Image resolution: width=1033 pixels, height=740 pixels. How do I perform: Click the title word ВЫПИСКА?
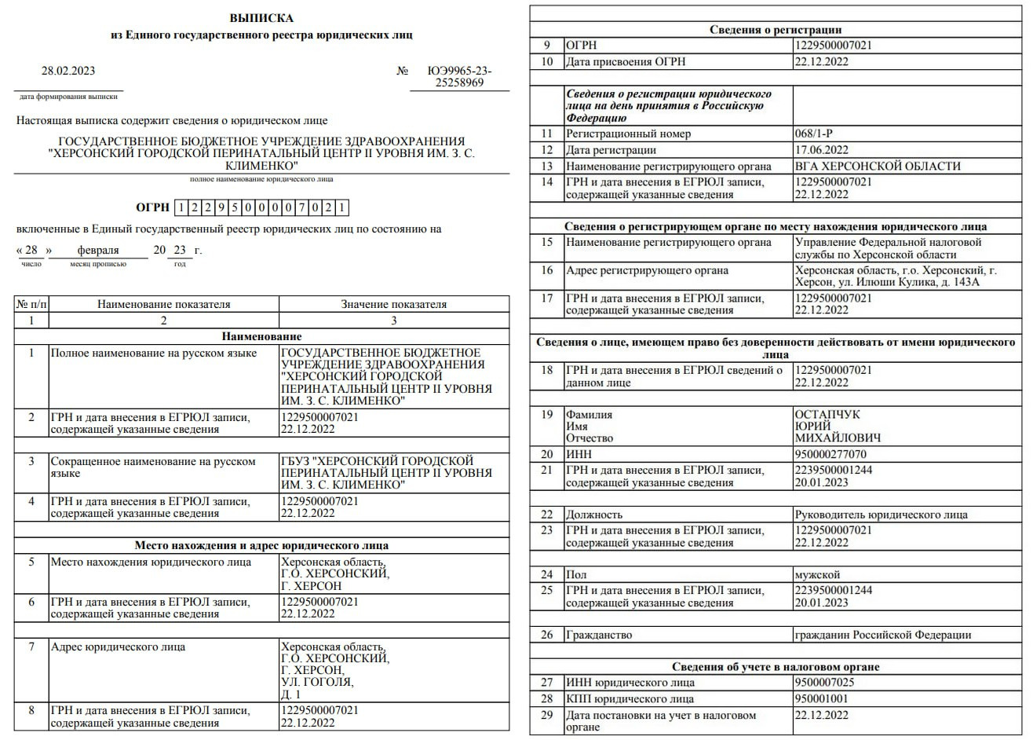[x=261, y=18]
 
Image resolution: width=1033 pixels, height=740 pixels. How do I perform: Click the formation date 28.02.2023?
[x=68, y=71]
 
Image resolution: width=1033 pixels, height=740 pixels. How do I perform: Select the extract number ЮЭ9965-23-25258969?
[x=459, y=76]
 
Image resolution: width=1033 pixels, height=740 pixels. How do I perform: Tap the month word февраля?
[x=98, y=250]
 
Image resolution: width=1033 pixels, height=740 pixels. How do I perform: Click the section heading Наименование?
[x=261, y=336]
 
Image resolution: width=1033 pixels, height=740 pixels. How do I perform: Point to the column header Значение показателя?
[x=393, y=304]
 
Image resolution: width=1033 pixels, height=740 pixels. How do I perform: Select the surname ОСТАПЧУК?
[x=827, y=414]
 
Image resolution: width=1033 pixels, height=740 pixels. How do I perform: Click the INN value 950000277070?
[x=830, y=454]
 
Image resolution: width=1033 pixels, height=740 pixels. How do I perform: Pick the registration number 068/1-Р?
[x=814, y=134]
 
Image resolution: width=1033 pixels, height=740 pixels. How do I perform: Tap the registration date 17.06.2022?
[x=821, y=150]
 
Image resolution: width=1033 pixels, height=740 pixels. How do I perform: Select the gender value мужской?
[x=817, y=574]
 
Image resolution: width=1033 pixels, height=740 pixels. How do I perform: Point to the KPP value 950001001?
[x=821, y=698]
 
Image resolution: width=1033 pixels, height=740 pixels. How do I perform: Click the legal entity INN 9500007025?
[x=824, y=682]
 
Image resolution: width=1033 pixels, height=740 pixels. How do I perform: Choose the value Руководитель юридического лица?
[x=881, y=515]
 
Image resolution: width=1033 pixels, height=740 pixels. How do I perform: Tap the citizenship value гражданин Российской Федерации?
[x=882, y=635]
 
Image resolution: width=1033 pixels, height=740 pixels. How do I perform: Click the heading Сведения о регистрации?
[x=776, y=30]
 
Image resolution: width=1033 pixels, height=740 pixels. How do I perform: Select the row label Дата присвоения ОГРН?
[x=627, y=61]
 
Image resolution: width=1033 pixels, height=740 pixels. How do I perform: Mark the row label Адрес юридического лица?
[x=118, y=647]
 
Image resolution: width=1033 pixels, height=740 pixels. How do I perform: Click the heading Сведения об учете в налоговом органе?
[x=776, y=666]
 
